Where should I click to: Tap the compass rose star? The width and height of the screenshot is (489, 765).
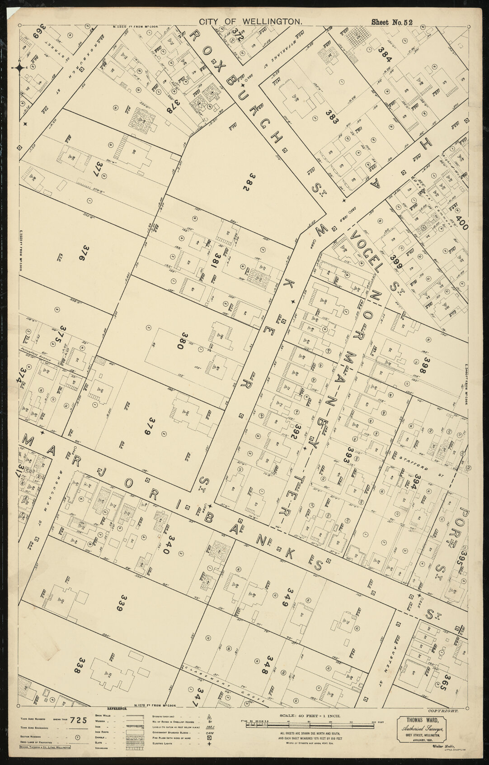[20, 68]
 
